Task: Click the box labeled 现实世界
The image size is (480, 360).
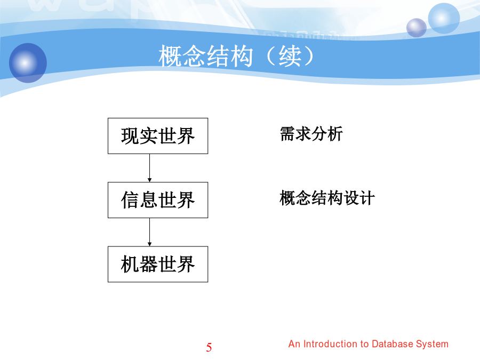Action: pos(158,136)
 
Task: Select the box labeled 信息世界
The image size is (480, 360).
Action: pos(158,200)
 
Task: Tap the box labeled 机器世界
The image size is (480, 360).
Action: pos(158,264)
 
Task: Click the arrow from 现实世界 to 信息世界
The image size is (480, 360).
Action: pos(149,168)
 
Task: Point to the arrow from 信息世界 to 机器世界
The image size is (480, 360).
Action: pos(149,232)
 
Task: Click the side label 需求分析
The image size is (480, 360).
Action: pos(311,134)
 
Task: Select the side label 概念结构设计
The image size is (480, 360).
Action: pos(327,198)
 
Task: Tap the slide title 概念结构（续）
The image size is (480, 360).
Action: pos(236,56)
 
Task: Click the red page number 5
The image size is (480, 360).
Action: pos(209,347)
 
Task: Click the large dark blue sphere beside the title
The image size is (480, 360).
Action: pos(28,63)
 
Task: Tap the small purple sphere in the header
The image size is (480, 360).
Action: pos(417,28)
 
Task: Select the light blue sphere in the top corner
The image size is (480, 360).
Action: pos(444,18)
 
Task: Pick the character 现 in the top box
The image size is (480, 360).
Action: pos(130,136)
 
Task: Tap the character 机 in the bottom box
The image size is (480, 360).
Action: pos(130,264)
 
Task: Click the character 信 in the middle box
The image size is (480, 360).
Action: pos(130,200)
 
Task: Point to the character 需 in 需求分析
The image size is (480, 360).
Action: pos(287,134)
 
